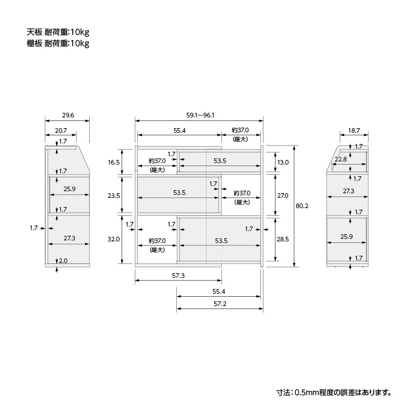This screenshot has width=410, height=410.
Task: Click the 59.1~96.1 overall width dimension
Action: pos(200,115)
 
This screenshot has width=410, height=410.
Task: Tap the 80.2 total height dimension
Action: pos(302,206)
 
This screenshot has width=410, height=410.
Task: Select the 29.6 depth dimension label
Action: pos(68,115)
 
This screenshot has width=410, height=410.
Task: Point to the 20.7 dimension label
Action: pos(61,130)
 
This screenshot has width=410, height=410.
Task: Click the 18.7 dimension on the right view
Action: pos(354,130)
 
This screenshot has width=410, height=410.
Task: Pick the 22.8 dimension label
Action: pos(341,159)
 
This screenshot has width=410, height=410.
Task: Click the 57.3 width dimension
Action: pos(178,276)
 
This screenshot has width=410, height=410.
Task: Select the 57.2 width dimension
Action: pos(220,304)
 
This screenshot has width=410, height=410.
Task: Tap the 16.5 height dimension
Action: pos(114,162)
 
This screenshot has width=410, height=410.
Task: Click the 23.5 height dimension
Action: pos(114,196)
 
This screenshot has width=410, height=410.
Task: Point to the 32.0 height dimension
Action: pos(114,239)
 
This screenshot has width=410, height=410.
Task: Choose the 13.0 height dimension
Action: pos(283,162)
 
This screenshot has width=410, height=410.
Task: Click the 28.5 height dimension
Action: pos(283,239)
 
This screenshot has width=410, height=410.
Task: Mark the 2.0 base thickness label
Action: pos(63,261)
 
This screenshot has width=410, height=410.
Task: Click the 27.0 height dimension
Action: pos(283,196)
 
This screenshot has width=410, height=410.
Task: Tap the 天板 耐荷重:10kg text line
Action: pos(58,32)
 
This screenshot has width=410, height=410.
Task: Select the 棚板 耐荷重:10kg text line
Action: pos(58,43)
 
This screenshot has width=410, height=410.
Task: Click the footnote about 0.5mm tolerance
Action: pos(334,392)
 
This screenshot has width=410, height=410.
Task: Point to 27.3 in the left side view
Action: pos(69,238)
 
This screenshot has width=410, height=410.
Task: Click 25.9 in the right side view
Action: pos(346,237)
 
